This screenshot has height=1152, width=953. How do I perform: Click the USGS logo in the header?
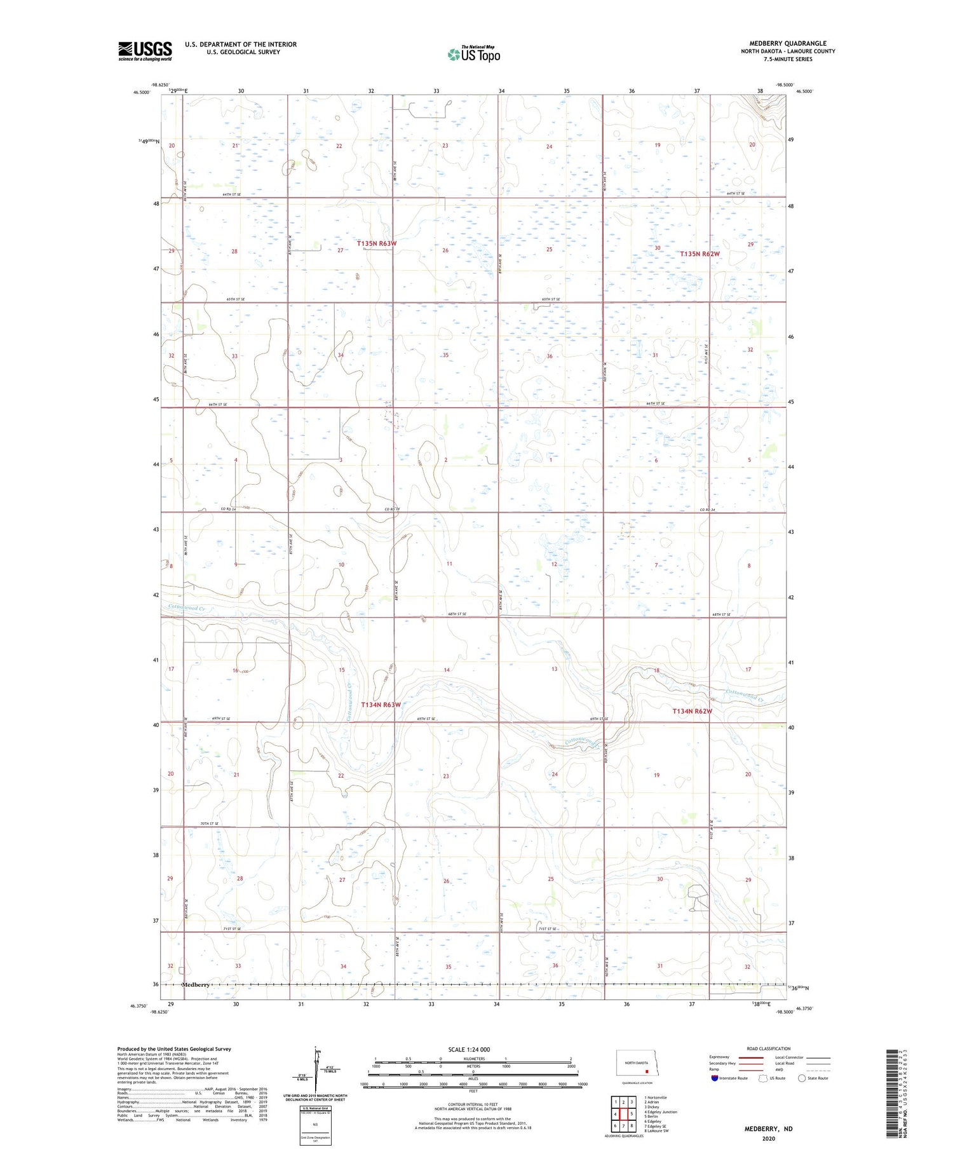pos(145,51)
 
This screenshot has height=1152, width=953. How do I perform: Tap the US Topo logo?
pos(474,55)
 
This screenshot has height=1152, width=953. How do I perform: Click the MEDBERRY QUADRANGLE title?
pos(788,43)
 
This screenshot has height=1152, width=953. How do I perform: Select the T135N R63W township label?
pos(377,243)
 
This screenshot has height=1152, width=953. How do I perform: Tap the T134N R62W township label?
pos(692,711)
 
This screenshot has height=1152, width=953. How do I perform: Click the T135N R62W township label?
pos(700,254)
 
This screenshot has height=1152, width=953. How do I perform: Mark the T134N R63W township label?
pos(381,705)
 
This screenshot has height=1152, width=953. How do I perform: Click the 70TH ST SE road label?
pos(209,823)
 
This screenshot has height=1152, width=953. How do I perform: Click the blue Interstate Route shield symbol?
pos(714,1078)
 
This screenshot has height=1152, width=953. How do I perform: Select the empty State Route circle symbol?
pos(802,1078)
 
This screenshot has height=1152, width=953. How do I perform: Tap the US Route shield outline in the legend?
pos(763,1078)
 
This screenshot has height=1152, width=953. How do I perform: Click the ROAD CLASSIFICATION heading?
pos(769,1048)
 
